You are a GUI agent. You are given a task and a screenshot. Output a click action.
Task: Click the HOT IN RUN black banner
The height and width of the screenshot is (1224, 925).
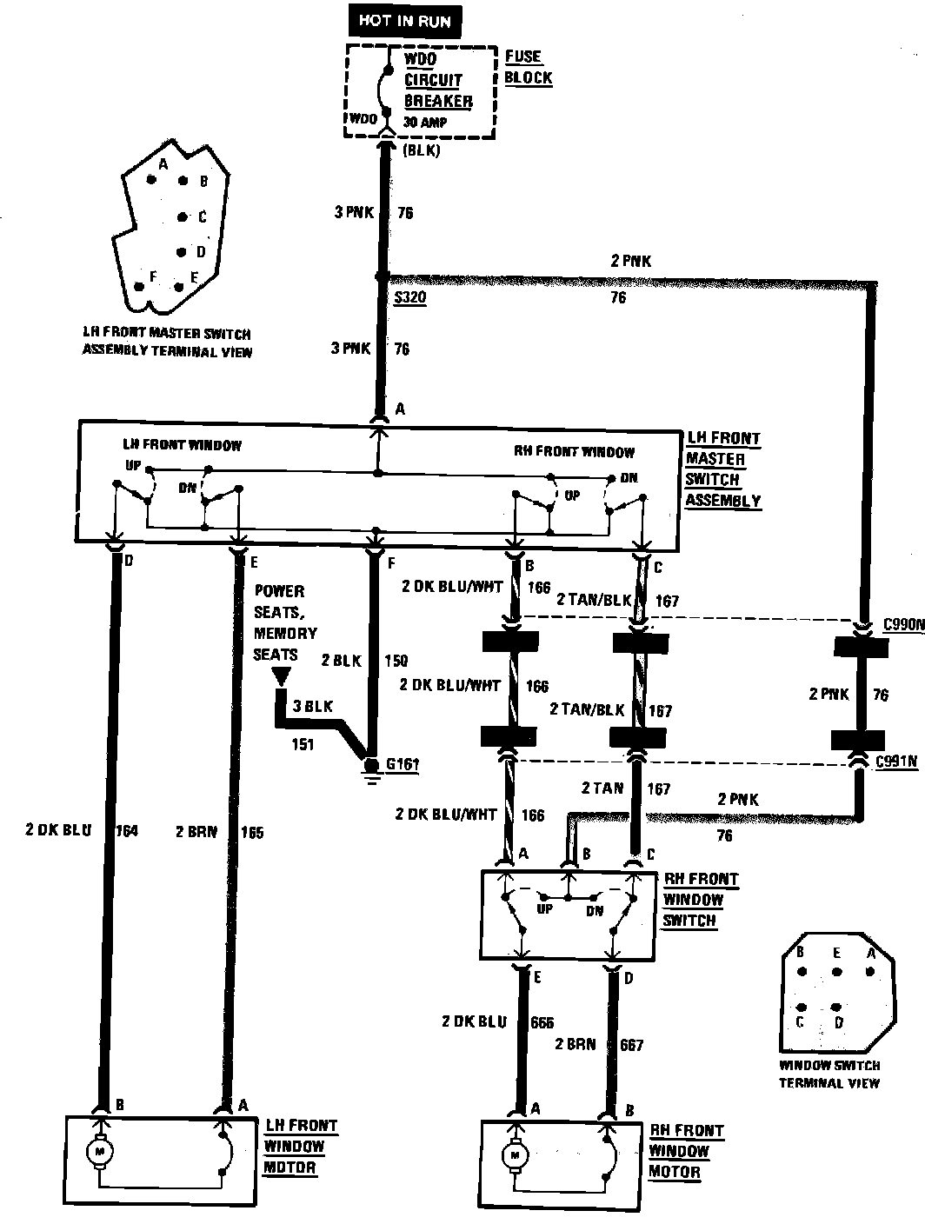pyautogui.click(x=405, y=21)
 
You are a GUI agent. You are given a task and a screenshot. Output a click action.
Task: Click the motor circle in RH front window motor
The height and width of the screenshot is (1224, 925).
pyautogui.click(x=516, y=1156)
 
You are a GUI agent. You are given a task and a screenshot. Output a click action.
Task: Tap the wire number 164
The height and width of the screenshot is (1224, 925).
pyautogui.click(x=126, y=830)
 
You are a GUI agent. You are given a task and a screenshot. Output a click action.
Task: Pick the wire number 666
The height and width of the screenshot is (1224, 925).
pyautogui.click(x=541, y=1022)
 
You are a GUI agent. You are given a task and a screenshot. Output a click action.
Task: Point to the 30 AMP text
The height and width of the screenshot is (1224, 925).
pyautogui.click(x=425, y=123)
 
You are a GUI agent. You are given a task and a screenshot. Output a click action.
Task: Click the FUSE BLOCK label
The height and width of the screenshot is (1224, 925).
pyautogui.click(x=528, y=67)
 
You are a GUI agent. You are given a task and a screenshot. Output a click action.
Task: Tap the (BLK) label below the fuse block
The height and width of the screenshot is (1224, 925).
pyautogui.click(x=423, y=150)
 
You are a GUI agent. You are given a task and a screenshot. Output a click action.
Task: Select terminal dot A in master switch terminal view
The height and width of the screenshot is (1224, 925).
pyautogui.click(x=152, y=180)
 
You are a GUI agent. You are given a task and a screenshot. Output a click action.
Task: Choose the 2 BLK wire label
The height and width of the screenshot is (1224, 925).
pyautogui.click(x=341, y=661)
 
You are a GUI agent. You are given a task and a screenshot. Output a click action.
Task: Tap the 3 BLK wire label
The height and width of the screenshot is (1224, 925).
pyautogui.click(x=313, y=707)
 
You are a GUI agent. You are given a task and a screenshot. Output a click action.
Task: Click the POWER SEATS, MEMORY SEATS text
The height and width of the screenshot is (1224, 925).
pyautogui.click(x=285, y=622)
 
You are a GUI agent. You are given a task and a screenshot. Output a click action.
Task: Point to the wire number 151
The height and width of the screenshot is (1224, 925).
pyautogui.click(x=303, y=744)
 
